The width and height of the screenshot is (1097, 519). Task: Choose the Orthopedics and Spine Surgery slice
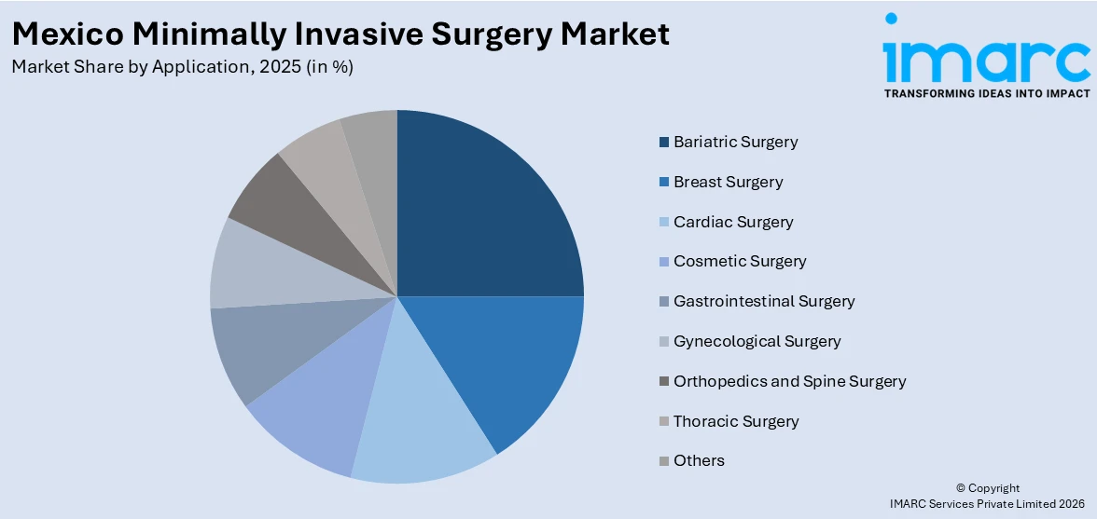280,200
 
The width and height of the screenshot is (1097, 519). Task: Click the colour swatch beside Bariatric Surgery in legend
663,143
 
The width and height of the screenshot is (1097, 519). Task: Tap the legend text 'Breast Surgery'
728,182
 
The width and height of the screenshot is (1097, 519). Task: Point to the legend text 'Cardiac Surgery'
733,222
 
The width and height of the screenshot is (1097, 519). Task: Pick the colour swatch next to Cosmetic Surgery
663,262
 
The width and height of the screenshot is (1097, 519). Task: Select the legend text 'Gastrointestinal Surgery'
764,301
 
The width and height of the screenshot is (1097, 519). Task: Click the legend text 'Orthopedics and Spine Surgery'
789,381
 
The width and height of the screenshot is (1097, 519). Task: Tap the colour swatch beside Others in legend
663,461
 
